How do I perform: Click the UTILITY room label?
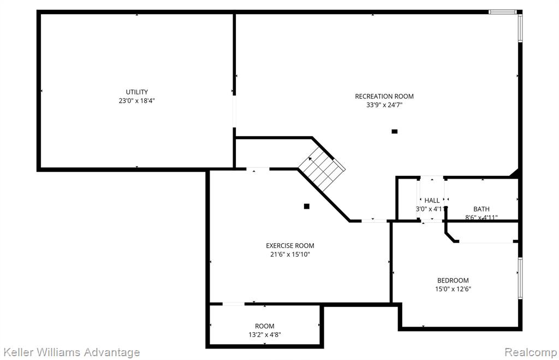pos(137,92)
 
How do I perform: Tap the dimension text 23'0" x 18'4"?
pos(137,101)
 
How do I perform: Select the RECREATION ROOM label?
pos(384,96)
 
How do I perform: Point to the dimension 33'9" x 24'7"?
pos(384,105)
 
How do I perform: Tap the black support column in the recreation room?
pos(394,131)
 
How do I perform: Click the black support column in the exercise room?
pos(307,206)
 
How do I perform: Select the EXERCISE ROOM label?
pos(290,246)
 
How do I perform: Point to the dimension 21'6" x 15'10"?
pos(290,255)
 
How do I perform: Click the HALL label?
pos(432,200)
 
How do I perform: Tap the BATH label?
pos(481,209)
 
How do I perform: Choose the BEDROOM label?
pos(453,280)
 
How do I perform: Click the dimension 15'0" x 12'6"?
pos(453,289)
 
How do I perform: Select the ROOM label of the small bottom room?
pos(265,326)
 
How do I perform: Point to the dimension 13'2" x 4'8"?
pos(265,335)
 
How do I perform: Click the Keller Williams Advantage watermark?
pos(71,352)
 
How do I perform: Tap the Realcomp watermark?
pos(531,352)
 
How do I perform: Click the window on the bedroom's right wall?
pos(520,278)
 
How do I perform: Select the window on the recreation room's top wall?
pos(503,12)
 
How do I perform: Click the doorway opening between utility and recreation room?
pos(234,111)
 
